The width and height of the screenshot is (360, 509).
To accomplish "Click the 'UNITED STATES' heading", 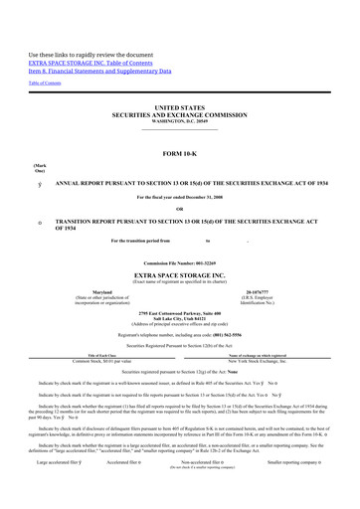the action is click(179, 104).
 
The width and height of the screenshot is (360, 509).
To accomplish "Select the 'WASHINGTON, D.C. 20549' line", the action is click(179, 119).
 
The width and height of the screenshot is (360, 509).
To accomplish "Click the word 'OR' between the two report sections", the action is click(179, 208).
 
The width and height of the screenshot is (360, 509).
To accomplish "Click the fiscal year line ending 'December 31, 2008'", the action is click(179, 197).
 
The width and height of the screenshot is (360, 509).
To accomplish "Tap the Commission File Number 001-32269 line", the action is click(179, 261).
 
